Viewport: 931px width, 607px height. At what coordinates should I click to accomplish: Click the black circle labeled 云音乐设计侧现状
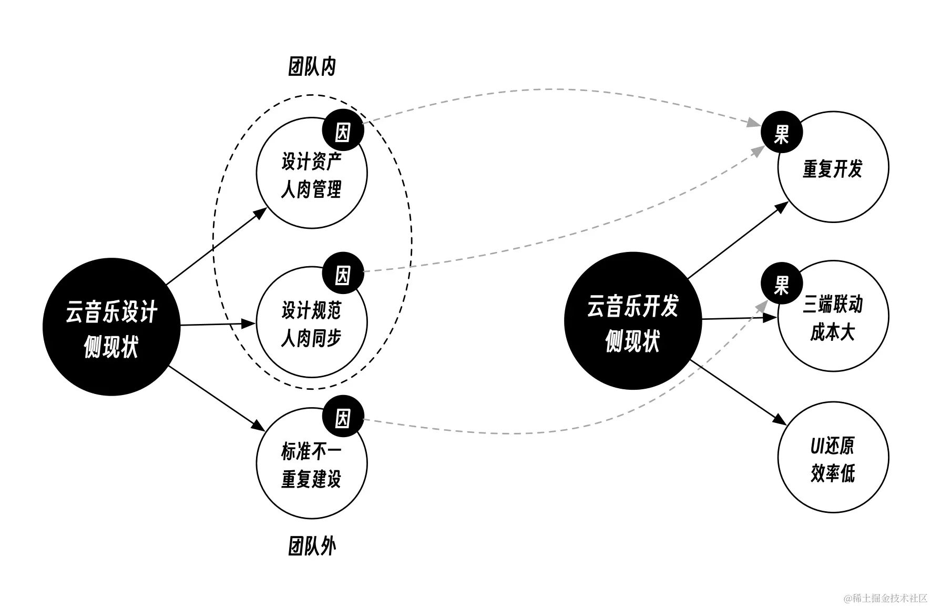[x=111, y=327]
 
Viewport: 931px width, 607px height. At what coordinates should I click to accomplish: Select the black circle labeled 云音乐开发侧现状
[x=632, y=321]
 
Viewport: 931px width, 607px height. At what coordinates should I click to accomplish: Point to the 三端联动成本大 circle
[x=833, y=318]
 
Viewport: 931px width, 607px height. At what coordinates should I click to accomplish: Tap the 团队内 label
[x=312, y=67]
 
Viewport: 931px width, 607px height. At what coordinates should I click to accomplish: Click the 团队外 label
[x=312, y=546]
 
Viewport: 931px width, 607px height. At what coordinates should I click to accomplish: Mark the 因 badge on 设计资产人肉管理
[x=343, y=130]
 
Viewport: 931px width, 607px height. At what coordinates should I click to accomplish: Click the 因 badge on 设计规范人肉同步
[x=343, y=274]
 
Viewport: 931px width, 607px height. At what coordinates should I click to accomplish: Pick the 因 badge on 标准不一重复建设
[x=343, y=417]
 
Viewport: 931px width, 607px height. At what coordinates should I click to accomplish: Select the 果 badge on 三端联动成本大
[x=782, y=284]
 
